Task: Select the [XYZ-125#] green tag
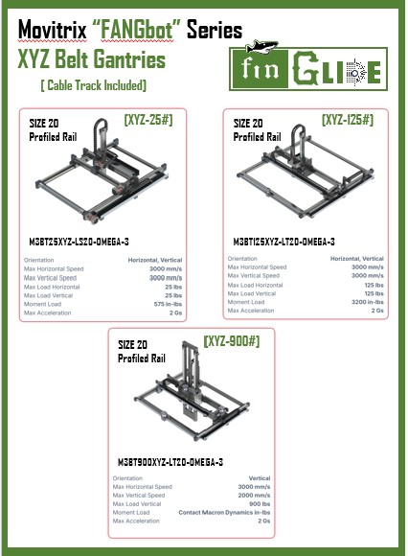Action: [348, 120]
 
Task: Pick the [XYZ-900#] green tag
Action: [232, 340]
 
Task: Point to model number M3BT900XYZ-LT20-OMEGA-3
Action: [170, 462]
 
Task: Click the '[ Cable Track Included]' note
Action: [93, 86]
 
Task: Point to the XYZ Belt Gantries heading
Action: [92, 61]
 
